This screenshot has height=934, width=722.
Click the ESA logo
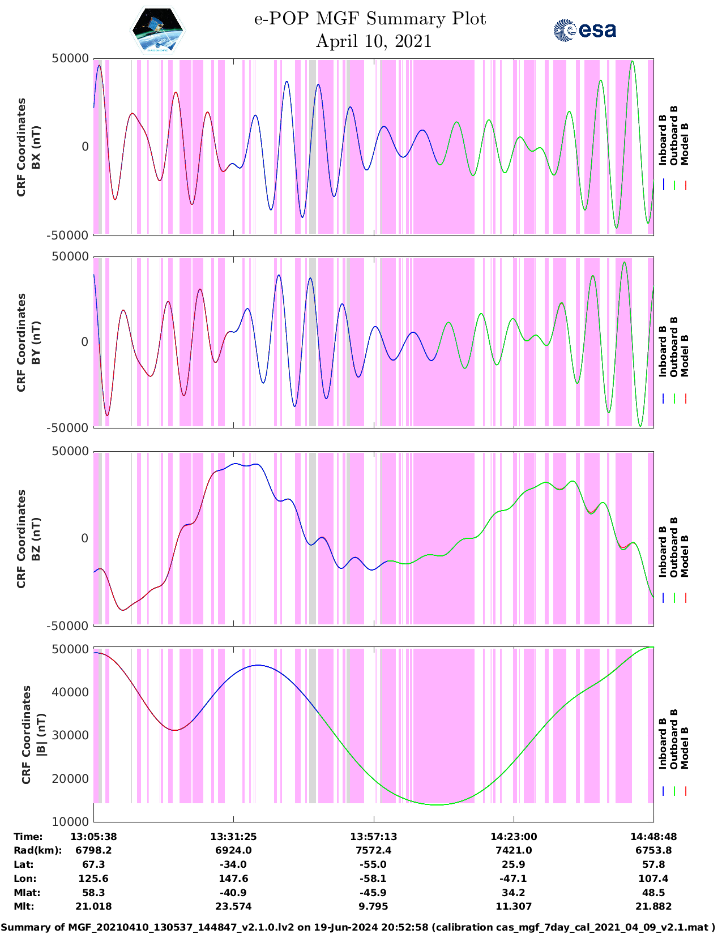pos(585,30)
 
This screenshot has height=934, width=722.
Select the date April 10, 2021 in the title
pos(373,41)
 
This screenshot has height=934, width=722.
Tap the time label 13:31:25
pos(233,837)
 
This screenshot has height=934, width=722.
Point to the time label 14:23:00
pos(514,837)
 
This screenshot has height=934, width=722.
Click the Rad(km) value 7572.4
pos(373,850)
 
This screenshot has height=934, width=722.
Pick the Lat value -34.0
pos(233,864)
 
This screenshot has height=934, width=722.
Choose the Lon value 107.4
pos(653,879)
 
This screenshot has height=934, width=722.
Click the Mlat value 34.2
pos(514,893)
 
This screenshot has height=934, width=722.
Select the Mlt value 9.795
pos(373,906)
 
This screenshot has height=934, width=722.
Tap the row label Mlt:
pos(24,906)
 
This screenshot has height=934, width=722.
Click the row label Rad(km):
pos(37,850)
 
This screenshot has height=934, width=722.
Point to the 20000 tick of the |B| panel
pos(70,779)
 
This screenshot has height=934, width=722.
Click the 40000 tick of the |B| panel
pos(70,692)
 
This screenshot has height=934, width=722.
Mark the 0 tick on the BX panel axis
pos(86,147)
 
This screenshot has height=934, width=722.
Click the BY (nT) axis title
pos(36,342)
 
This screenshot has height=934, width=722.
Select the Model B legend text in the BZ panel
pos(685,556)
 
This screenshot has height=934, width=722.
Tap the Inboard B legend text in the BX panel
pos(663,140)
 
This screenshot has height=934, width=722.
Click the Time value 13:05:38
pos(93,837)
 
